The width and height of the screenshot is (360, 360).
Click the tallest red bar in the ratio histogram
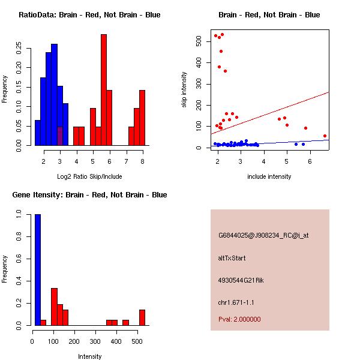104,90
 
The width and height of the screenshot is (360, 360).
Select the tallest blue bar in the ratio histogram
55,95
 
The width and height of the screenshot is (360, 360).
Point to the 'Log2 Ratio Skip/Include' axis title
89,176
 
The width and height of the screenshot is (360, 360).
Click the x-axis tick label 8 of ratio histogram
142,162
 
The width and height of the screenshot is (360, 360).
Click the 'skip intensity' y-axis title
184,90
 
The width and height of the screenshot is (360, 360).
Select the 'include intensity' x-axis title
269,176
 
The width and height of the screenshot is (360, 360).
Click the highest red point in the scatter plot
222,35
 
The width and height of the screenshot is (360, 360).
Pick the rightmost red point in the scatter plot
325,136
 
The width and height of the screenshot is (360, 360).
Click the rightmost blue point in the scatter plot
303,144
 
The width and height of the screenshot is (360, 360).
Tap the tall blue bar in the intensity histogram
38,270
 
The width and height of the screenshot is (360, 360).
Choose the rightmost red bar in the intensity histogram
142,317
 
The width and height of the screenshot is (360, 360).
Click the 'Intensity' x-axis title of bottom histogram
89,356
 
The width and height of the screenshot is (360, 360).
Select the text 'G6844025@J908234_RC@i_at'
263,236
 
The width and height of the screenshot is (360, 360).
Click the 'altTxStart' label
232,259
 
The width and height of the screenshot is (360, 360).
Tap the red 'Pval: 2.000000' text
239,319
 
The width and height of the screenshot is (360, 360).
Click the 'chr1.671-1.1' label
236,302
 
